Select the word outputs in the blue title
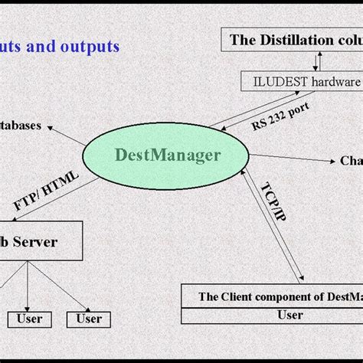pos(87,46)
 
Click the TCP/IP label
pos(273,202)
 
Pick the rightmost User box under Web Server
pos(90,318)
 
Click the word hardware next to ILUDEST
pos(333,80)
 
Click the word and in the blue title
pos(40,46)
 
